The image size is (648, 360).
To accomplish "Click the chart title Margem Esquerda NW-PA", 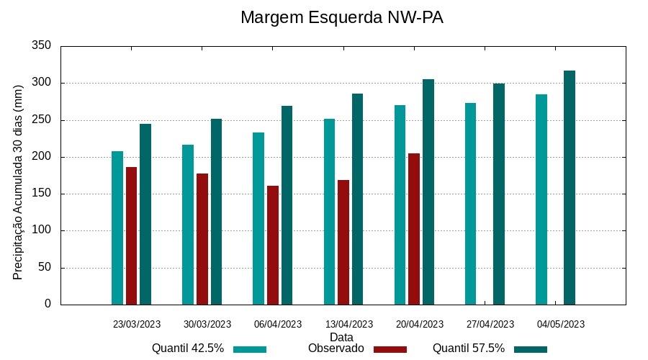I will (x=341, y=17).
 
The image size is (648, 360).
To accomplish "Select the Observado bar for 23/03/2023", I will (x=131, y=235).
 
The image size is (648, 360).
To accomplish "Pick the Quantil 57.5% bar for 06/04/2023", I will (x=287, y=205).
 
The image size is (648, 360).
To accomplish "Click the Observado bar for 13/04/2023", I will (x=343, y=242).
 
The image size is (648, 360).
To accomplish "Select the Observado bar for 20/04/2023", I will (x=414, y=229).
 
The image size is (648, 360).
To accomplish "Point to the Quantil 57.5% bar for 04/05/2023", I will (x=570, y=187).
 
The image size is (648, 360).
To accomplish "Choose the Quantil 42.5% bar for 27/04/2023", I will (x=470, y=204).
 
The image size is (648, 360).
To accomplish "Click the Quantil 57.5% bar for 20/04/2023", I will (x=428, y=192).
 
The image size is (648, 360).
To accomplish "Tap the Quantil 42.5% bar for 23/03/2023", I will (x=117, y=228).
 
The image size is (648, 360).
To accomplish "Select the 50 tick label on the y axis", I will (x=45, y=268).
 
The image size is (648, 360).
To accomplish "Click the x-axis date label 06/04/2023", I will (x=278, y=324).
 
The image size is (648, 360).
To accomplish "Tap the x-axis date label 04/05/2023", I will (x=561, y=324).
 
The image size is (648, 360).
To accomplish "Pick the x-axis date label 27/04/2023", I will (x=490, y=324).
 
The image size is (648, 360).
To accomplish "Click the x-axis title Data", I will (x=341, y=336).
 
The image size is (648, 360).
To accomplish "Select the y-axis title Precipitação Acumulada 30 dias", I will (x=19, y=181).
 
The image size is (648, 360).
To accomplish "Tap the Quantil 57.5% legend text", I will (x=469, y=348).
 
